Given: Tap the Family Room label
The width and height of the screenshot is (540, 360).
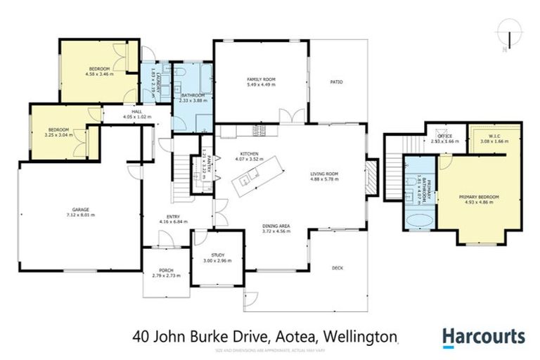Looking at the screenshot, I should click(259, 79).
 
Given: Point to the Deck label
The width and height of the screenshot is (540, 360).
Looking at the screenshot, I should click(337, 267).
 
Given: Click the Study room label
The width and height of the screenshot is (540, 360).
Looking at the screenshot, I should click(217, 255).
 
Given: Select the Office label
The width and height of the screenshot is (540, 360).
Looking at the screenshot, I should click(444, 136).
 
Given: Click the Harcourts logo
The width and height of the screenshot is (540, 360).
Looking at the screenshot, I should click(483, 337).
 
